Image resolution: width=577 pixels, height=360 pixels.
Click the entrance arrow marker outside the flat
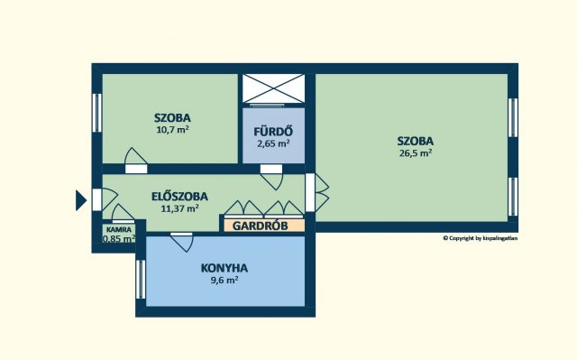(80, 200)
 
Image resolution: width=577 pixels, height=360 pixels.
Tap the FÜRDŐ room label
(273, 132)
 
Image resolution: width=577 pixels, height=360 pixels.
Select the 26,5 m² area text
(416, 152)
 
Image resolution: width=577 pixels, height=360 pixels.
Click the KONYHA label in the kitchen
(224, 268)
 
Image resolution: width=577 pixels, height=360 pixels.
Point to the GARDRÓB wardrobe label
(261, 226)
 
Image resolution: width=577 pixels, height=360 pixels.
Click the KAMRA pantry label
(118, 230)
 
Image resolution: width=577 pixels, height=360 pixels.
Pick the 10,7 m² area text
(172, 129)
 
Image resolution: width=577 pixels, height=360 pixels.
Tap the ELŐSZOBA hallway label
(179, 197)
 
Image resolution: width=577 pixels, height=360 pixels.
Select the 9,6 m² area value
(224, 280)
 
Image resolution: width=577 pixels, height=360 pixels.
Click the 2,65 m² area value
(273, 143)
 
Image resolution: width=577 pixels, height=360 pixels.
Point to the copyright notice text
(481, 238)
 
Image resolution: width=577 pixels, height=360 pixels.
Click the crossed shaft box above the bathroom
(273, 88)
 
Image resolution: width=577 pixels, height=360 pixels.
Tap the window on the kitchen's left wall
(141, 280)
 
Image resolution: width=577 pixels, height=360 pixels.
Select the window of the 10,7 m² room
(96, 113)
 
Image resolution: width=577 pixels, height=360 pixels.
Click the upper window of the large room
(513, 117)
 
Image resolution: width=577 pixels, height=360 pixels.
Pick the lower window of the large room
(513, 197)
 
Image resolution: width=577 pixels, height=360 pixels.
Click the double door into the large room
(316, 192)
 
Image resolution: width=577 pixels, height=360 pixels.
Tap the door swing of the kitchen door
(182, 242)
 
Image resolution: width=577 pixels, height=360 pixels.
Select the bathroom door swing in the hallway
(272, 178)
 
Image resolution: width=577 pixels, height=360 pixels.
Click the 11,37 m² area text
(179, 208)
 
